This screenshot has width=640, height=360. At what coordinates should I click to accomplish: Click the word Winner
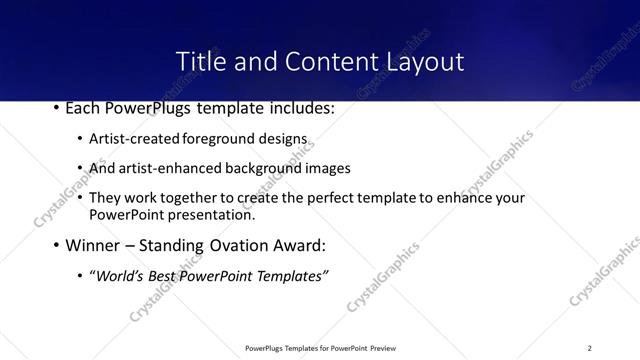93,245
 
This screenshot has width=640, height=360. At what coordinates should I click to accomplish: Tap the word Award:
323,245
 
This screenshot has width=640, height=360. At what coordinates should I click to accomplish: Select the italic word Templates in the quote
291,276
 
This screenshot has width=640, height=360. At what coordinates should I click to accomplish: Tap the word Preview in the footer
385,348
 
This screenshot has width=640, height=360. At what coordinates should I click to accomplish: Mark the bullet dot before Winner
56,245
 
